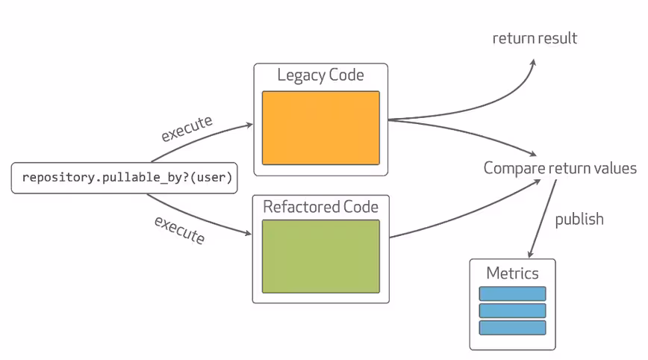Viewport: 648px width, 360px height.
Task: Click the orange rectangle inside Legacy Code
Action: point(321,128)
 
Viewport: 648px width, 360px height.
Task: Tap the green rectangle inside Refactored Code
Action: point(321,257)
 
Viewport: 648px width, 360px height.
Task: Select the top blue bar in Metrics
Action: point(512,294)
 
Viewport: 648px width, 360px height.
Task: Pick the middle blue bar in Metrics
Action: point(512,311)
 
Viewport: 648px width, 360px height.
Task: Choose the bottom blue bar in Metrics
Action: point(512,328)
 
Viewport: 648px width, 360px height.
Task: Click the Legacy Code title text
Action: point(321,75)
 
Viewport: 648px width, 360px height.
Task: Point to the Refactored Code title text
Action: point(321,207)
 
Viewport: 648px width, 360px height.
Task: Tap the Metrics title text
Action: point(512,273)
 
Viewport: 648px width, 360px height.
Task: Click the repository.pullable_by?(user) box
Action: point(125,178)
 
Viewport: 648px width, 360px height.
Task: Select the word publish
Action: point(579,220)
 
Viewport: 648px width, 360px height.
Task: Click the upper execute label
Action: point(187,128)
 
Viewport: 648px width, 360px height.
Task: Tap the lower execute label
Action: point(180,230)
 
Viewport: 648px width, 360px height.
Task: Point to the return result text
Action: point(535,38)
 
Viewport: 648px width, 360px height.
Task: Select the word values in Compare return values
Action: point(615,168)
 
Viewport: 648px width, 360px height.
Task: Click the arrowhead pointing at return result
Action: point(533,63)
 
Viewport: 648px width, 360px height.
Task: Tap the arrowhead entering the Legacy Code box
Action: point(249,125)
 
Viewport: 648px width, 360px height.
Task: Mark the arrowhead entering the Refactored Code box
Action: point(248,234)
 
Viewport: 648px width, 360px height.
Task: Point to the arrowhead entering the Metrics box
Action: point(530,255)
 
